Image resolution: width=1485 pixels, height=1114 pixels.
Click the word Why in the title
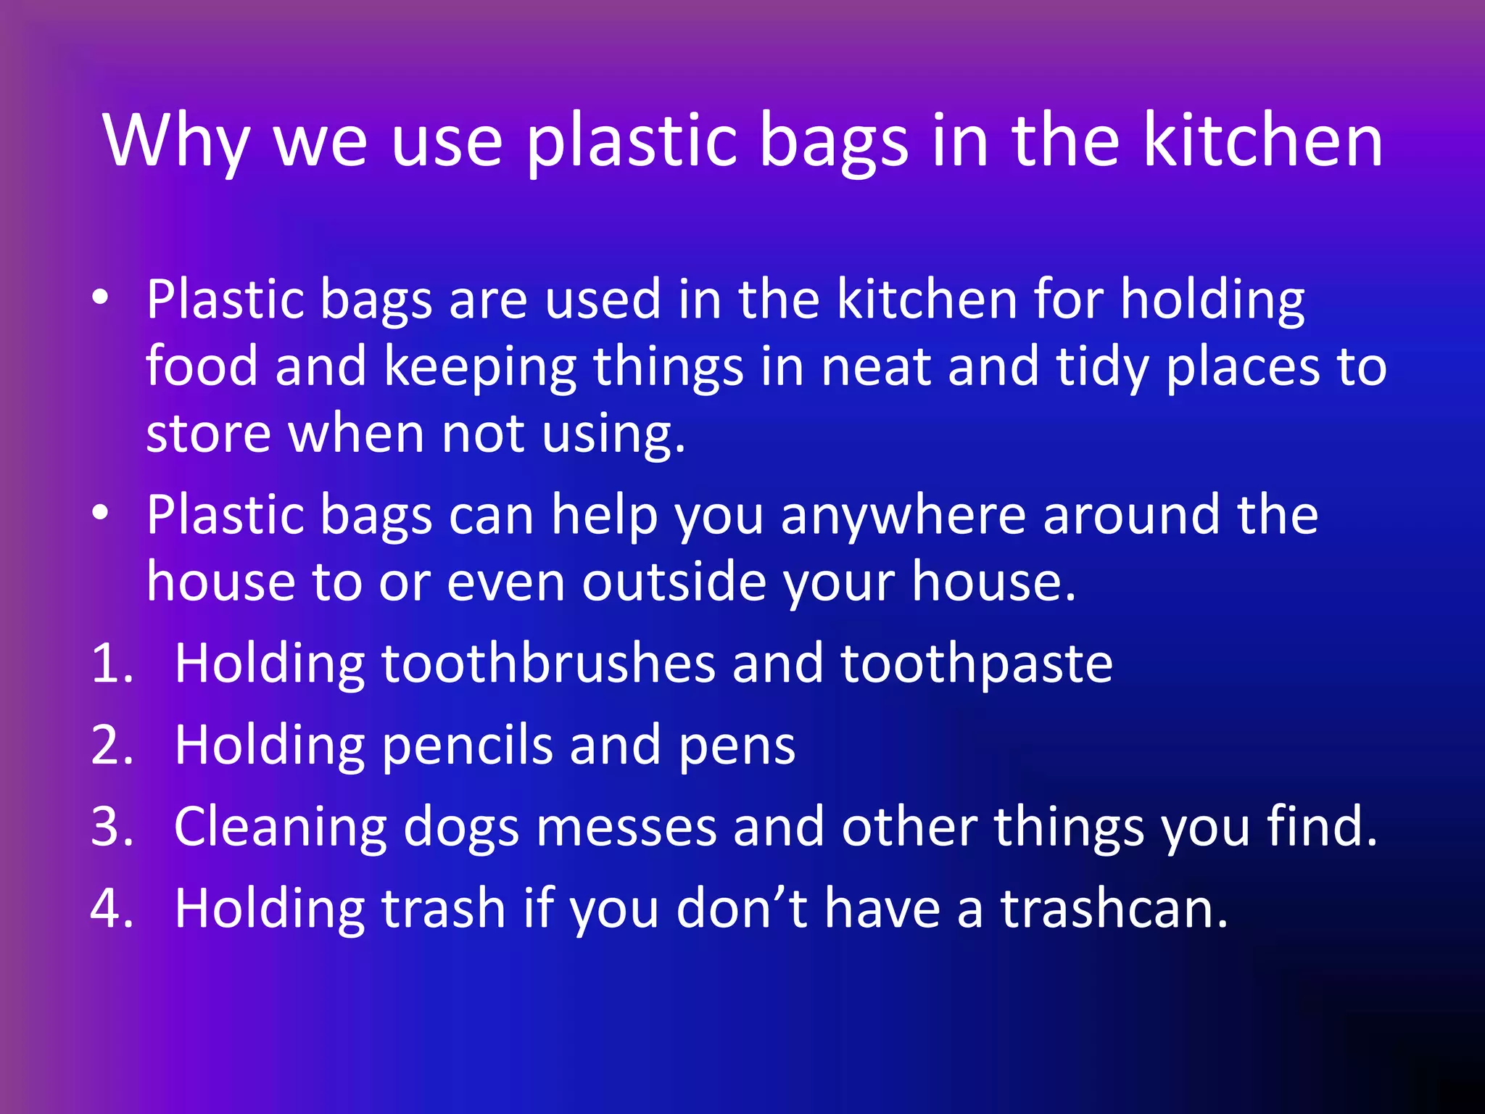click(176, 141)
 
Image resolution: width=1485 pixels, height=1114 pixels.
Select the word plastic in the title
click(629, 141)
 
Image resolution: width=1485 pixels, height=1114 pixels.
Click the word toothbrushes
click(548, 663)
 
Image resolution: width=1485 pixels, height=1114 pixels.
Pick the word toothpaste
click(976, 663)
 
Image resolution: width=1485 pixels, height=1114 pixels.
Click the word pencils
click(466, 745)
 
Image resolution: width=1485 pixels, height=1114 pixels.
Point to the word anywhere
click(903, 514)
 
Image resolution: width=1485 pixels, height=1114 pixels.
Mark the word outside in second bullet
click(674, 582)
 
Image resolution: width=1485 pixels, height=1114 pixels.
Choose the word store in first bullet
click(208, 434)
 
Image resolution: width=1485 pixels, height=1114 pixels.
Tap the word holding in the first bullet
click(1212, 300)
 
